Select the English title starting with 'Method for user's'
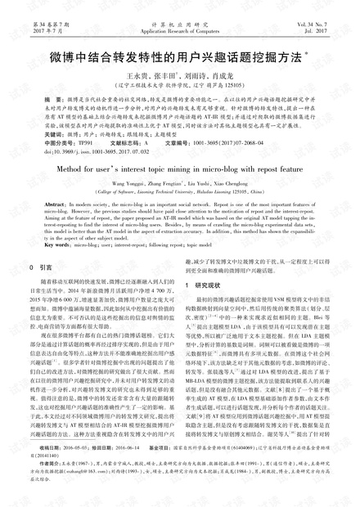pos(178,188)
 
